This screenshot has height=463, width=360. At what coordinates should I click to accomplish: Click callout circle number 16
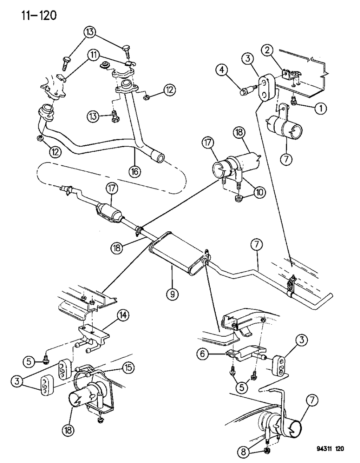coord(135,170)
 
